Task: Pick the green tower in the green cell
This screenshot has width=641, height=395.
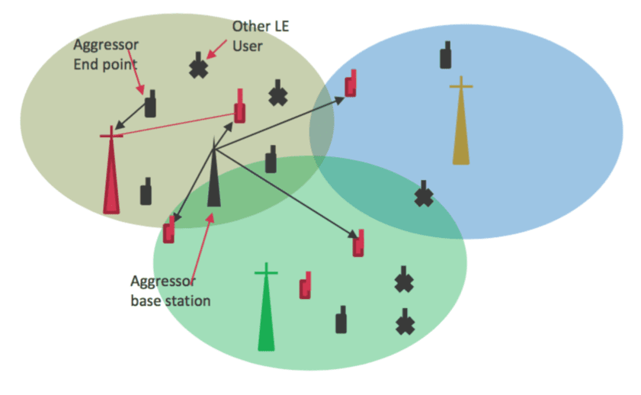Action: [266, 311]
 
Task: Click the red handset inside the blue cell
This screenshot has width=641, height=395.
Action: [351, 83]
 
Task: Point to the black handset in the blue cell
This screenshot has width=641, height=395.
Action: [446, 55]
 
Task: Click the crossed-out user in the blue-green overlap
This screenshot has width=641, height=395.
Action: [424, 194]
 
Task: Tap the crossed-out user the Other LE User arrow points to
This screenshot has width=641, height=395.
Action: [199, 66]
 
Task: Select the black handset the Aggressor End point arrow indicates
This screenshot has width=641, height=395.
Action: [150, 104]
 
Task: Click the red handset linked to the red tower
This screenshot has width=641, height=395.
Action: [240, 106]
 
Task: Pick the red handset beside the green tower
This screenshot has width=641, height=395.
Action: [306, 285]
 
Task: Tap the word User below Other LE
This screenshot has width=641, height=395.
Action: [247, 47]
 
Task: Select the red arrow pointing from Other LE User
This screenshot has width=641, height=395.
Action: [216, 49]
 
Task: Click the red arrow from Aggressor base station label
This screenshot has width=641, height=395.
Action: [202, 248]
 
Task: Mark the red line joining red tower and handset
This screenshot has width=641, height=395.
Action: [178, 124]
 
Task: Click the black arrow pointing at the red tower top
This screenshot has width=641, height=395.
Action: [130, 116]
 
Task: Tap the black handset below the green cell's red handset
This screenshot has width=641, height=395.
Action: [341, 320]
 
